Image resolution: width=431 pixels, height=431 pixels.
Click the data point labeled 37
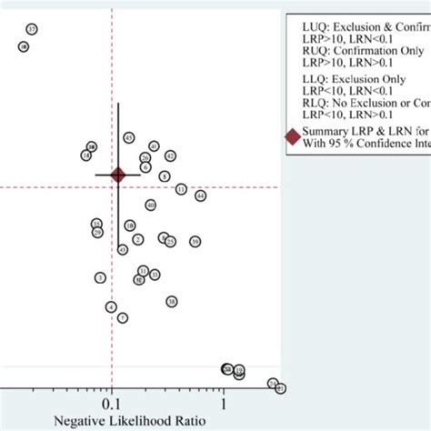[32, 30]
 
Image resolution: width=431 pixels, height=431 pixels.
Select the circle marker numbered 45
[129, 138]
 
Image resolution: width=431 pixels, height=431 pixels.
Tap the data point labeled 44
[200, 195]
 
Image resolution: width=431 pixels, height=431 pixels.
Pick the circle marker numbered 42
[170, 155]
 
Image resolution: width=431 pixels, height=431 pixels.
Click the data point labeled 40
[150, 205]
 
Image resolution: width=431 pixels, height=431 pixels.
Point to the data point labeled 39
[195, 241]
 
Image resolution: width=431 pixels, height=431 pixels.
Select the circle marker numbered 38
[171, 301]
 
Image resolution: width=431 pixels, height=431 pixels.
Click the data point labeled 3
[100, 277]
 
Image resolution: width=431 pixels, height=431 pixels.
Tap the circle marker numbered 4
[111, 307]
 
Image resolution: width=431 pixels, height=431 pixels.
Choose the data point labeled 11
[181, 189]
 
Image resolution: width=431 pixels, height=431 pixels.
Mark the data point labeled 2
[137, 239]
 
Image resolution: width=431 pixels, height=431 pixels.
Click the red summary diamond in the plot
[117, 175]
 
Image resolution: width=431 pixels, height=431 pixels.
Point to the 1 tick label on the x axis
[223, 403]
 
